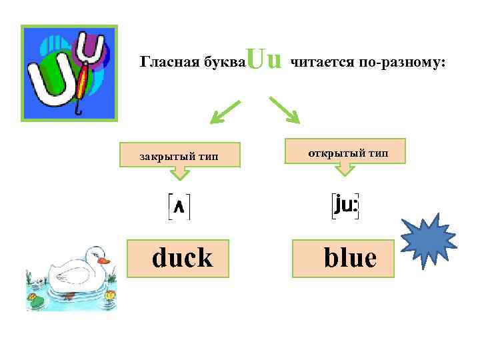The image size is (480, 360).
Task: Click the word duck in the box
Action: coord(182,257)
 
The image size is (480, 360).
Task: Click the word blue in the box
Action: coord(349,257)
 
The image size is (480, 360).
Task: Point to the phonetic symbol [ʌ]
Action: coord(179,207)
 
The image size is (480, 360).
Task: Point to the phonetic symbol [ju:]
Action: coord(346,206)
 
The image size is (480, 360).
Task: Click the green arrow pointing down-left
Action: coord(224,112)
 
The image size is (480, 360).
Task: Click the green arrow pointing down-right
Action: coord(285,110)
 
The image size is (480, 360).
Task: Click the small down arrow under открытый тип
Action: coord(344,170)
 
